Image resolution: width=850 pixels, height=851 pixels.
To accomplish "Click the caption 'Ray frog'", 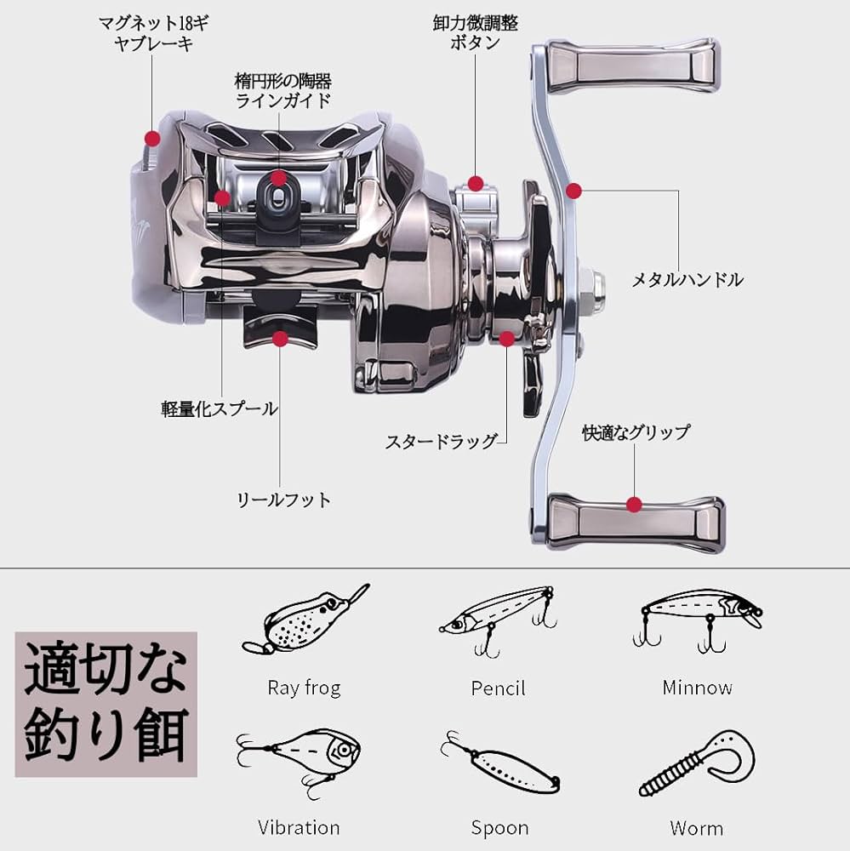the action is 304,688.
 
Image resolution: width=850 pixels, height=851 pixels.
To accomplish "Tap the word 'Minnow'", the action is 698,688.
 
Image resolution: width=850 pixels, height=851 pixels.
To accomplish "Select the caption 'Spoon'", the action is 499,827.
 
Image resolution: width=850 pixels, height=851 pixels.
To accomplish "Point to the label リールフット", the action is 283,500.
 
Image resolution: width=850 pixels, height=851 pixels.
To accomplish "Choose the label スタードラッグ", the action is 441,442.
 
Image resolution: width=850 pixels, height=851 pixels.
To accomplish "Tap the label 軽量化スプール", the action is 220,408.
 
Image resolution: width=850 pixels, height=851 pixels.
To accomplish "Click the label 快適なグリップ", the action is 636,432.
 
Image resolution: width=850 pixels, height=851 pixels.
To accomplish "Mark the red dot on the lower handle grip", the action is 633,504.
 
